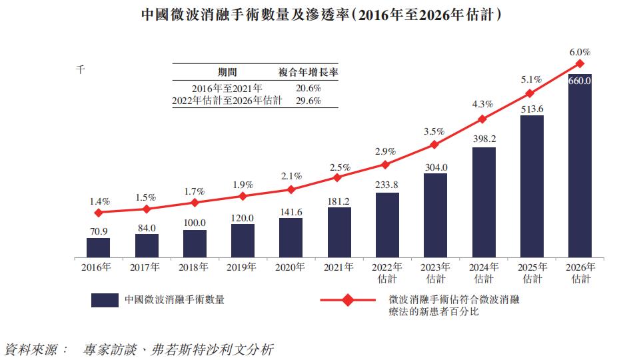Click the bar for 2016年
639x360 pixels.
[x=98, y=247]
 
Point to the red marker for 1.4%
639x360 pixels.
[x=98, y=213]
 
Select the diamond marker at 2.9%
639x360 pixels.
[x=387, y=164]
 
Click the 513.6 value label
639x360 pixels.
[x=532, y=109]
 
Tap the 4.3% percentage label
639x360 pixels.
[x=482, y=104]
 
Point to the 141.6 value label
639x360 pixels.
[x=291, y=211]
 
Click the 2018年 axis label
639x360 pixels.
[x=194, y=267]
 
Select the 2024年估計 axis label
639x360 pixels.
[x=483, y=273]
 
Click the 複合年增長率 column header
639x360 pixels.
[x=307, y=72]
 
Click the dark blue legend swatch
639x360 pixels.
[x=105, y=300]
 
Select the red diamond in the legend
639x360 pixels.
[x=348, y=300]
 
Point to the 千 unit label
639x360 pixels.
[x=81, y=69]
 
